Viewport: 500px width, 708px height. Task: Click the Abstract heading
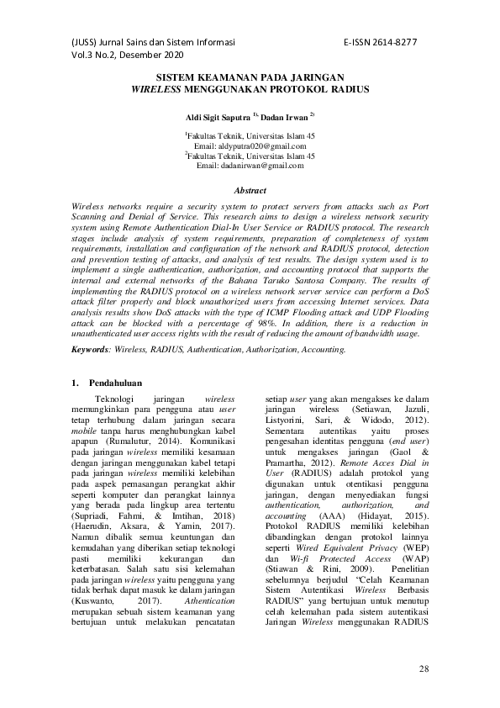pos(249,191)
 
